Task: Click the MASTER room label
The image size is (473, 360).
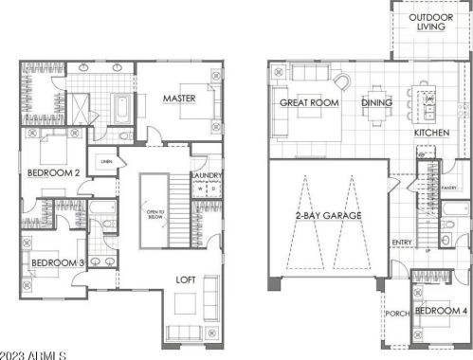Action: pos(178,98)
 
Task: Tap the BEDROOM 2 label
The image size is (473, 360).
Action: pos(52,173)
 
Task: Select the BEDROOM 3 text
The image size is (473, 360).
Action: pos(58,262)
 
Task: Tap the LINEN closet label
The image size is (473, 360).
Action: pos(106,162)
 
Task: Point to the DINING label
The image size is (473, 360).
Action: pos(377,102)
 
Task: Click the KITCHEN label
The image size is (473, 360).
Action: pos(431,134)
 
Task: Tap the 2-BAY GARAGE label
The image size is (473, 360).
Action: pos(329,216)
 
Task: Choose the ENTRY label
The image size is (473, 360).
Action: pos(402,243)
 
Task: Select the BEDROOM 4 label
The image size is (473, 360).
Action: pos(441,311)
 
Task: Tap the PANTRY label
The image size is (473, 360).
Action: pos(448,187)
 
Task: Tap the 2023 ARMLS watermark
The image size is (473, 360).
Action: pos(33,353)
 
